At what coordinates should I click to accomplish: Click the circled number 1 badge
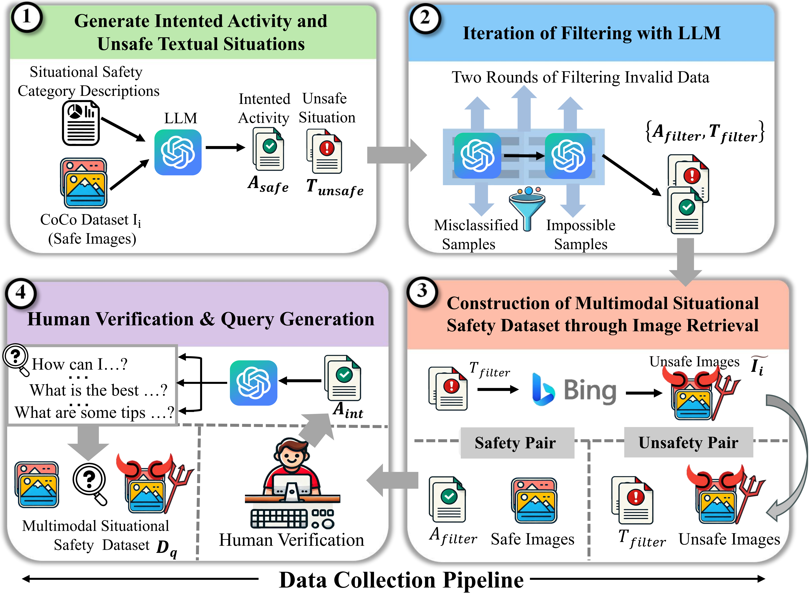pyautogui.click(x=27, y=17)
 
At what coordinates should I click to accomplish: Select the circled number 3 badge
pyautogui.click(x=422, y=291)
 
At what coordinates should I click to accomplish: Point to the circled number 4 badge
pyautogui.click(x=21, y=293)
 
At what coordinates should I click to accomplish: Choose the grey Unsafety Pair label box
pyautogui.click(x=688, y=442)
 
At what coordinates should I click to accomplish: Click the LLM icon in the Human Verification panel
pyautogui.click(x=254, y=383)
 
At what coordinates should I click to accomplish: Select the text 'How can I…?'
pyautogui.click(x=80, y=364)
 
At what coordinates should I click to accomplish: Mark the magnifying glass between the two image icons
pyautogui.click(x=90, y=484)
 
